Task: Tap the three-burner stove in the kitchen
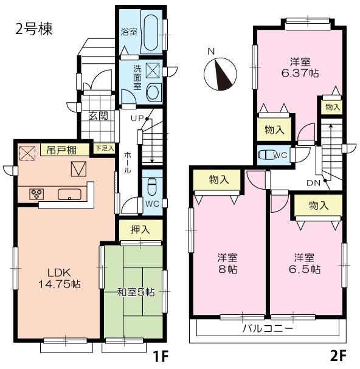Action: (x=35, y=195)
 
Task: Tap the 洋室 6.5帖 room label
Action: (x=304, y=263)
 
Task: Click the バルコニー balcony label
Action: (x=268, y=328)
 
